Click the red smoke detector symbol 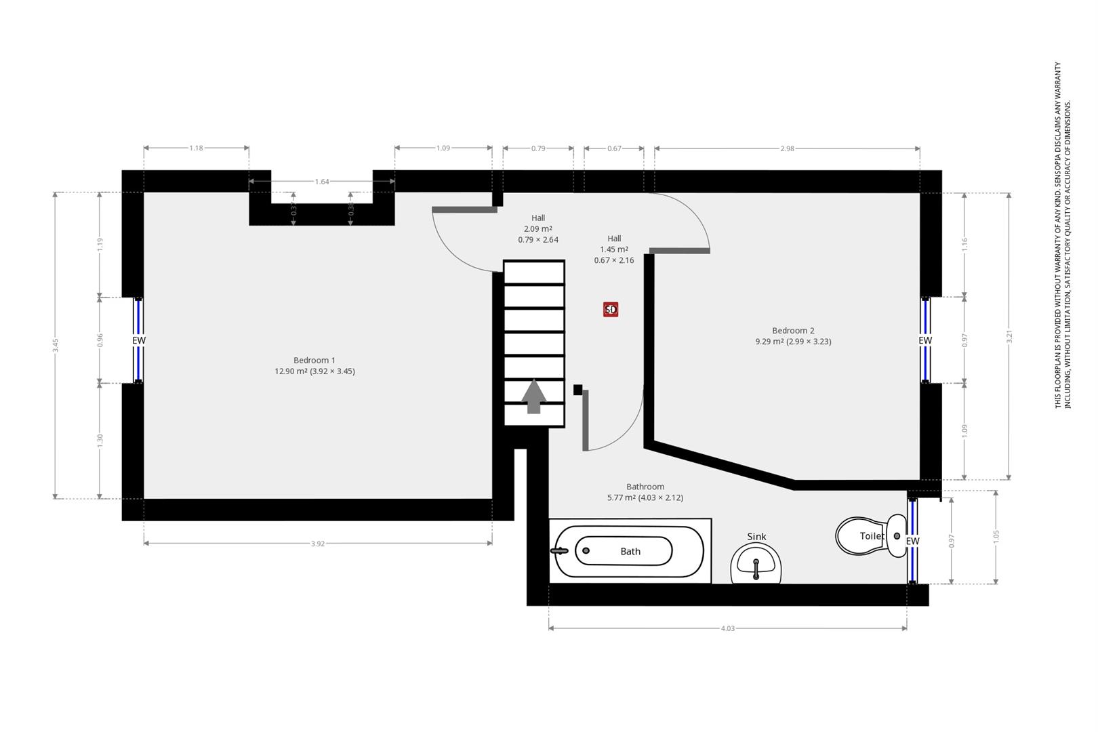coord(611,310)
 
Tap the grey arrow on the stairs coord(534,396)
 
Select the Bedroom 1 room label coord(314,361)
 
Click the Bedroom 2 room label coord(793,331)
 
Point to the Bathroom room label coord(645,487)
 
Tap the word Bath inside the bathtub coord(630,552)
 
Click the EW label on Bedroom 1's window coord(139,340)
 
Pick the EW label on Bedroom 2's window coord(925,340)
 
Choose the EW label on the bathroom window coord(913,541)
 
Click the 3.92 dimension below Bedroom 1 coord(318,544)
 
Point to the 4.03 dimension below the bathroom coord(727,628)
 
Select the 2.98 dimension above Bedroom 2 coord(787,148)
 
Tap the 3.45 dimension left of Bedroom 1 coord(56,345)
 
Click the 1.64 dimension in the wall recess coord(322,182)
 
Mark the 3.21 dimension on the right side coord(1009,336)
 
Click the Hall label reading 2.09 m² coord(538,228)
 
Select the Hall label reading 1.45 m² coord(614,249)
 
